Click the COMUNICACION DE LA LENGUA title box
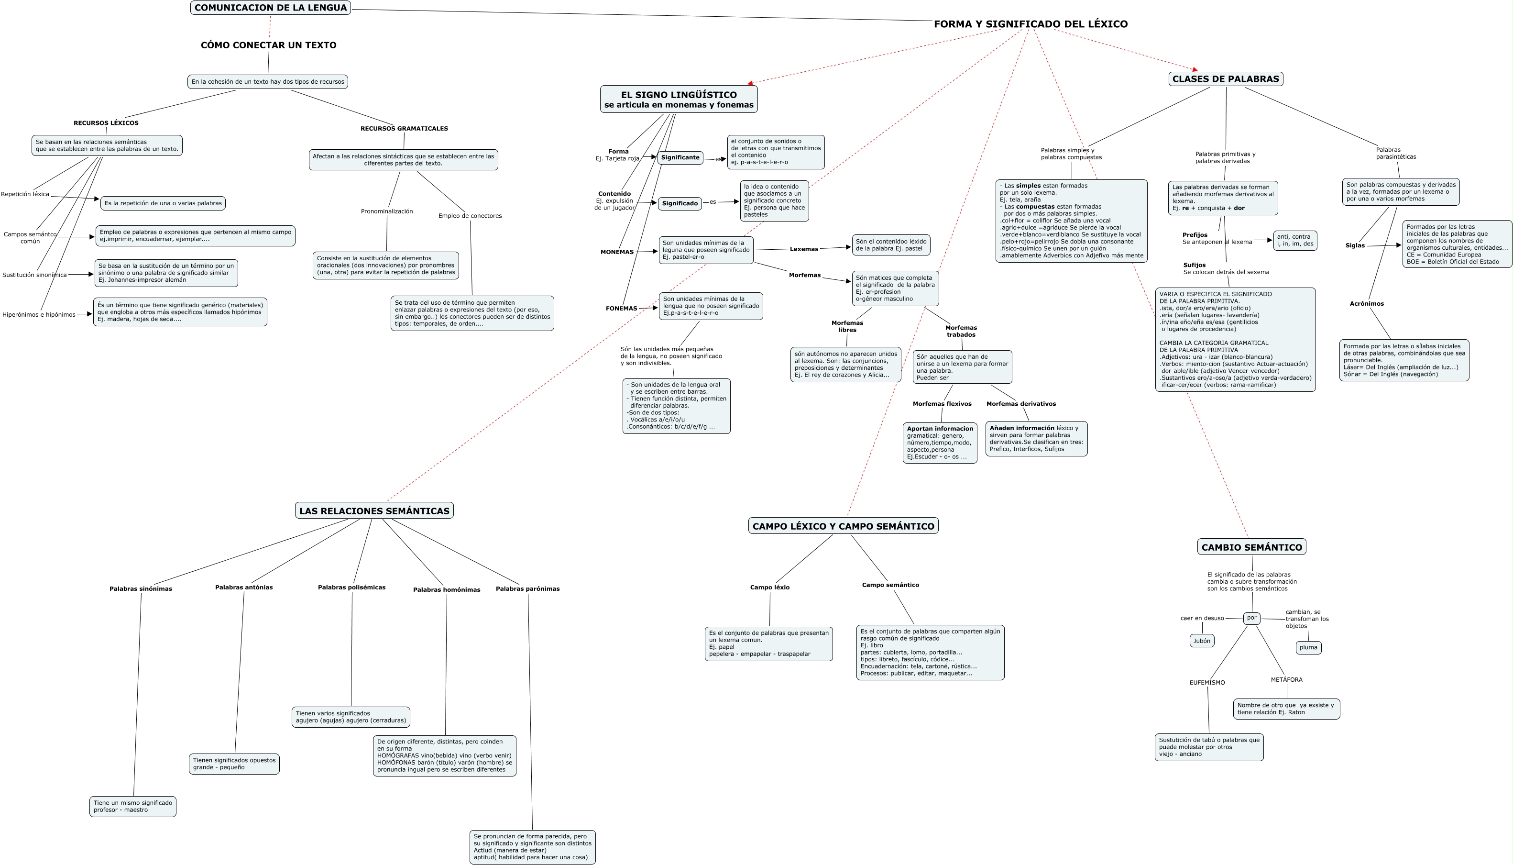[x=270, y=8]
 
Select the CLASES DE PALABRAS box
[x=1226, y=79]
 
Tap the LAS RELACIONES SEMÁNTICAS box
[x=374, y=511]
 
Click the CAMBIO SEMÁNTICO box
[x=1252, y=547]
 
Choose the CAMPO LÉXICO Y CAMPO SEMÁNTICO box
[x=843, y=526]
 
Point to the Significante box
[x=680, y=157]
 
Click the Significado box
[x=680, y=203]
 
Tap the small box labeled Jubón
[x=1202, y=641]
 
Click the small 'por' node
[x=1252, y=618]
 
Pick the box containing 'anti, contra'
[x=1295, y=241]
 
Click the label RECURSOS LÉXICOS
[x=106, y=123]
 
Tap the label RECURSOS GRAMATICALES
[x=405, y=128]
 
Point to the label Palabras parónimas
[x=527, y=589]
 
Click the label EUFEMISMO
[x=1207, y=683]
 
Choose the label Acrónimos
[x=1367, y=304]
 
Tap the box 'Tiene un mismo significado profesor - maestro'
[x=133, y=806]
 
